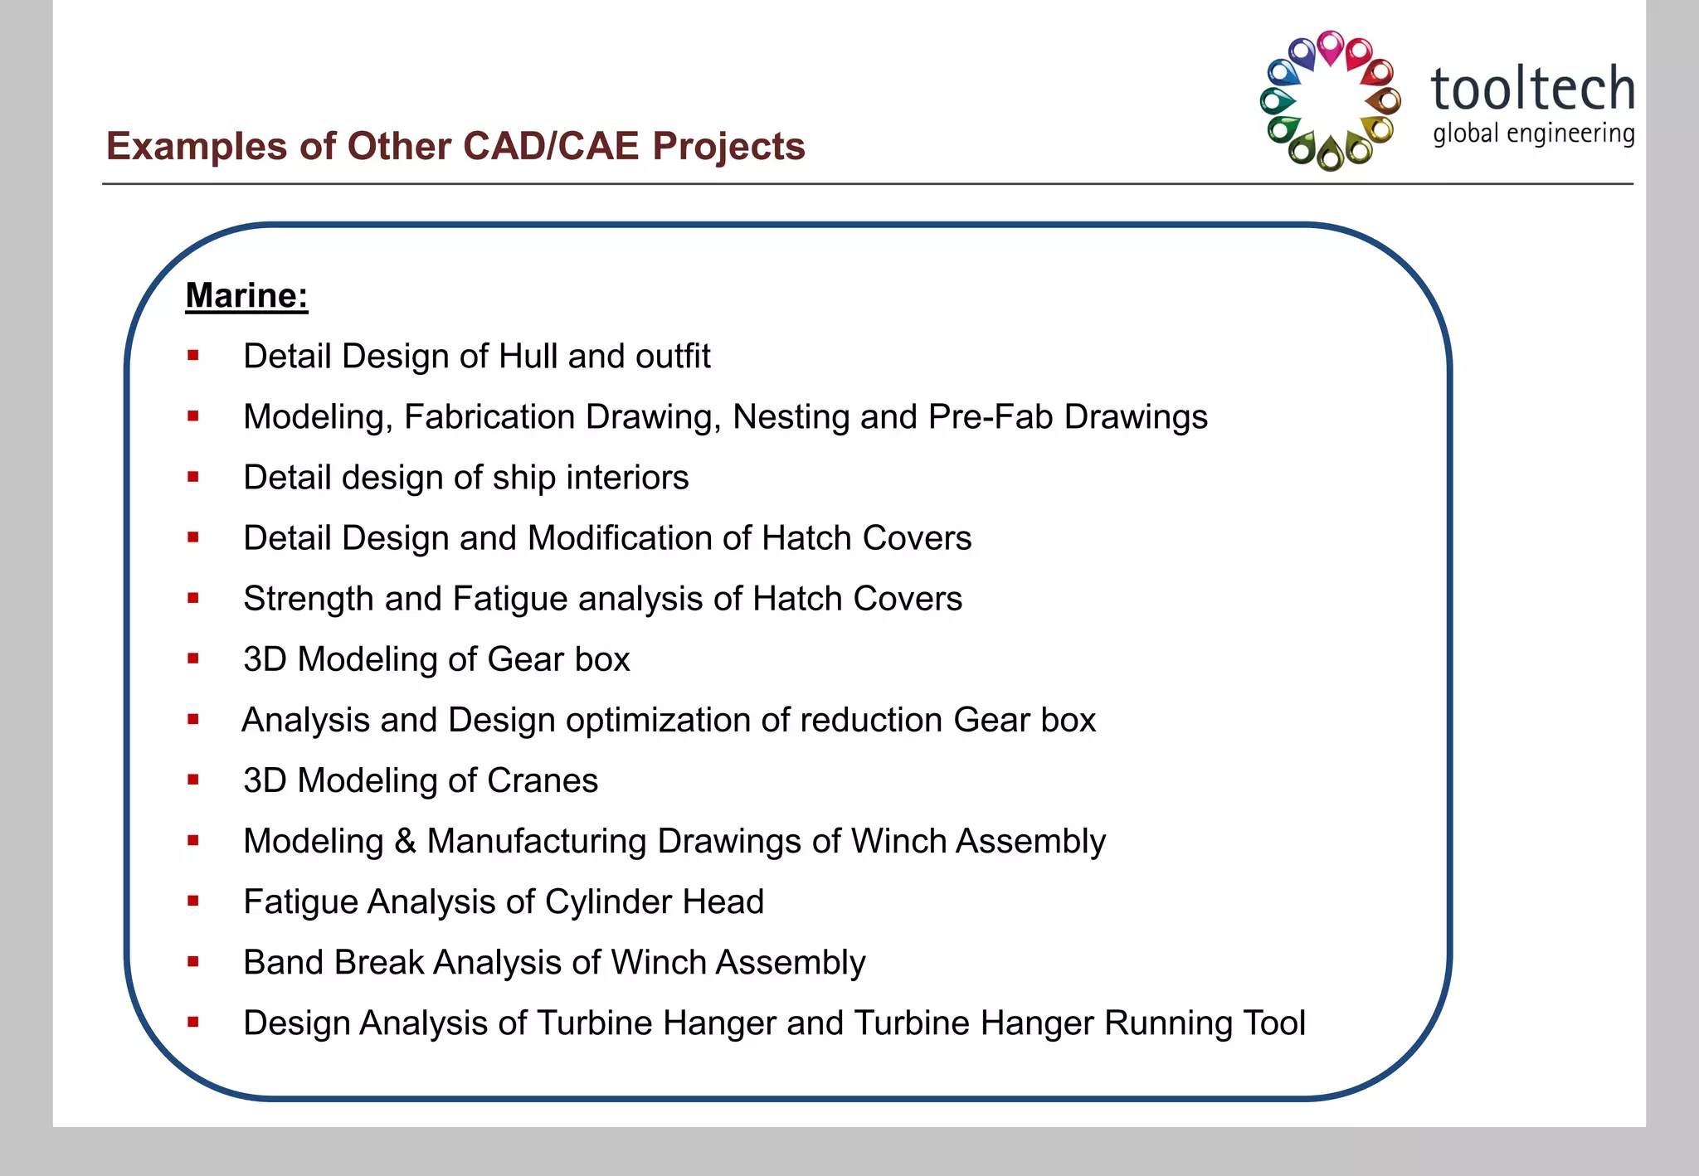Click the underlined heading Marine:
[246, 296]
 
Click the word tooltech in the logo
[1532, 89]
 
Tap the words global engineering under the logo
[1533, 134]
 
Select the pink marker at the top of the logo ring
[1331, 47]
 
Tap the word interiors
[627, 478]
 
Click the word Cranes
[543, 780]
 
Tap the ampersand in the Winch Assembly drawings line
[405, 841]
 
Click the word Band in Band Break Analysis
[283, 962]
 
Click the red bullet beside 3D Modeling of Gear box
[193, 659]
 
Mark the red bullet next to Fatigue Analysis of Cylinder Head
[193, 901]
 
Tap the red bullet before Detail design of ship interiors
[193, 478]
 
